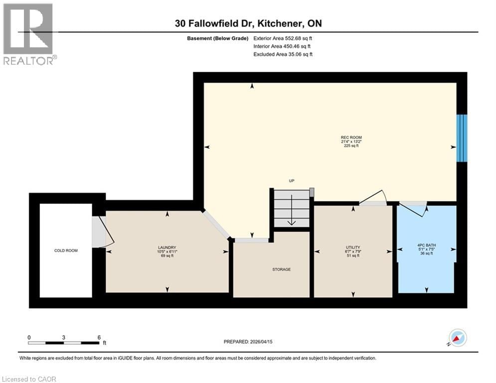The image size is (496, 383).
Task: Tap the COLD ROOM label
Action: pos(66,250)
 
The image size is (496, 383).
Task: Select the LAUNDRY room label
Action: pos(167,248)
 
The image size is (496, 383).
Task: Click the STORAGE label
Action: pos(282,269)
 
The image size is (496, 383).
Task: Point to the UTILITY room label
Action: pos(353,247)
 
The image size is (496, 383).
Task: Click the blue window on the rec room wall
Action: pos(462,138)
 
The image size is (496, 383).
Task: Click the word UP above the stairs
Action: pos(292,181)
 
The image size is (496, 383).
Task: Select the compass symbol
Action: pos(458,338)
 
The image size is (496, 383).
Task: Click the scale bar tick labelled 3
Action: pos(64,338)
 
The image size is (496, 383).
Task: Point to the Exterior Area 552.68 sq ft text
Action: pos(283,38)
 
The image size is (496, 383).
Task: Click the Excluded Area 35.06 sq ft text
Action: pos(283,54)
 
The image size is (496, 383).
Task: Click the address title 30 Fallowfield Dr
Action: pos(248,23)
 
